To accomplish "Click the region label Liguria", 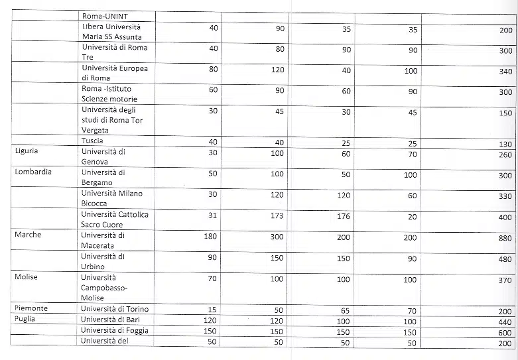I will [x=26, y=151].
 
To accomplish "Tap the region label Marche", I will [x=28, y=235].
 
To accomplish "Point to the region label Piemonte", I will [x=31, y=308].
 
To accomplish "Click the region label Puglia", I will [x=27, y=319].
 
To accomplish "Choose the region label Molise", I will [x=27, y=276].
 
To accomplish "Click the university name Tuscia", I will [x=92, y=141].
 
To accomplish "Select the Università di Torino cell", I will [x=115, y=309].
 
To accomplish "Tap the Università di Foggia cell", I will [x=115, y=330].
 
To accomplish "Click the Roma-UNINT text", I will [x=106, y=17].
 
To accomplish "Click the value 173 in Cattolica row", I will [x=277, y=215].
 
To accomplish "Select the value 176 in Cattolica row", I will [x=343, y=215].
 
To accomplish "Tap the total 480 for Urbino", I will [x=505, y=259].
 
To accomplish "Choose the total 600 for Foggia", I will [x=505, y=333].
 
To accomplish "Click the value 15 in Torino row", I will [x=212, y=310].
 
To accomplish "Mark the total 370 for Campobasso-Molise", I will [x=505, y=280].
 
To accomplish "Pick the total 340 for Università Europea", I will [x=505, y=72].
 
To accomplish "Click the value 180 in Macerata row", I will [x=210, y=237].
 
